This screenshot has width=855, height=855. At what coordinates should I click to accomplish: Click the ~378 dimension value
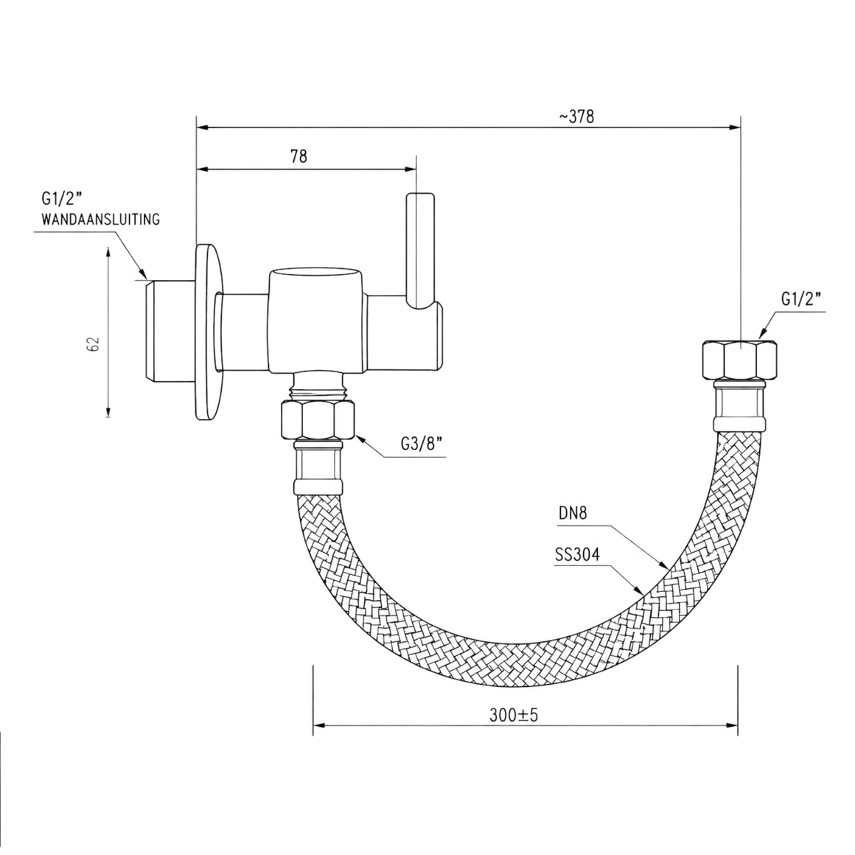click(x=576, y=116)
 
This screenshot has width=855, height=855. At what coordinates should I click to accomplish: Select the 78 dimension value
click(x=299, y=156)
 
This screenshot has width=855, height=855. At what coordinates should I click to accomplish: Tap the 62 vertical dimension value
click(x=94, y=344)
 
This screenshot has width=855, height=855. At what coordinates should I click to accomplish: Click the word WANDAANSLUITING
click(x=101, y=219)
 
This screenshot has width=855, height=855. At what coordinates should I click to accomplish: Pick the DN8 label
click(x=573, y=513)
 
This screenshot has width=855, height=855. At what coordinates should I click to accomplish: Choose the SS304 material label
click(x=577, y=554)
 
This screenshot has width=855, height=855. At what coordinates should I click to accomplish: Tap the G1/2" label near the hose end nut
click(x=801, y=299)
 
